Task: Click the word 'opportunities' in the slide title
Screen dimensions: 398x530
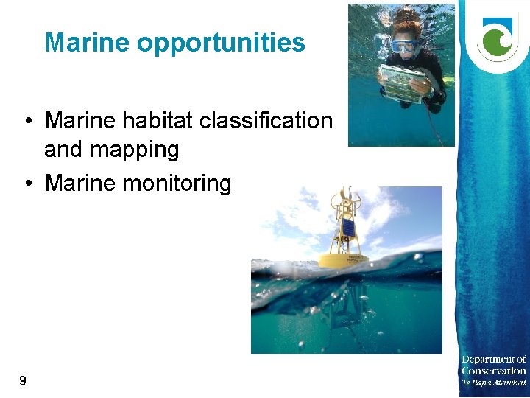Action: (221, 43)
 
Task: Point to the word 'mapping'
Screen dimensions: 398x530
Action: (112, 150)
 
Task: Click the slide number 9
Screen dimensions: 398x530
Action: (23, 381)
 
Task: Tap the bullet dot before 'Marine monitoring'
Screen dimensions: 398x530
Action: (26, 184)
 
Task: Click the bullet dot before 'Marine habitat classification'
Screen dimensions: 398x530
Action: (26, 121)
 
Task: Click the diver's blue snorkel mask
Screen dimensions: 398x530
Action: (404, 46)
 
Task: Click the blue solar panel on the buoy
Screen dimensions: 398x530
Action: (349, 227)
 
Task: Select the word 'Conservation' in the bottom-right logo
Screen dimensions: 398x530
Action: (494, 371)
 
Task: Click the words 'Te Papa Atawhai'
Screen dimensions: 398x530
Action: (494, 383)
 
